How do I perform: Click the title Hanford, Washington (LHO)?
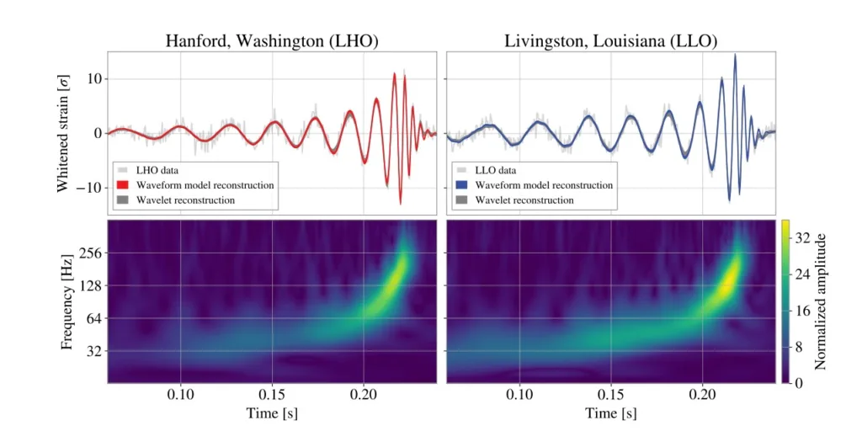(271, 40)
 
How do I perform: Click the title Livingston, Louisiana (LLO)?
(610, 40)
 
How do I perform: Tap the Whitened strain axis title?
(63, 132)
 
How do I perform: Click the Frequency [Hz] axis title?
(67, 301)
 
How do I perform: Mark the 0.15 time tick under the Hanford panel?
(272, 394)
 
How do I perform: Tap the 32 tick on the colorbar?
(802, 239)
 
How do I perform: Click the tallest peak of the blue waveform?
(735, 56)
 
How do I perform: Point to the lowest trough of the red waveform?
(400, 203)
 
